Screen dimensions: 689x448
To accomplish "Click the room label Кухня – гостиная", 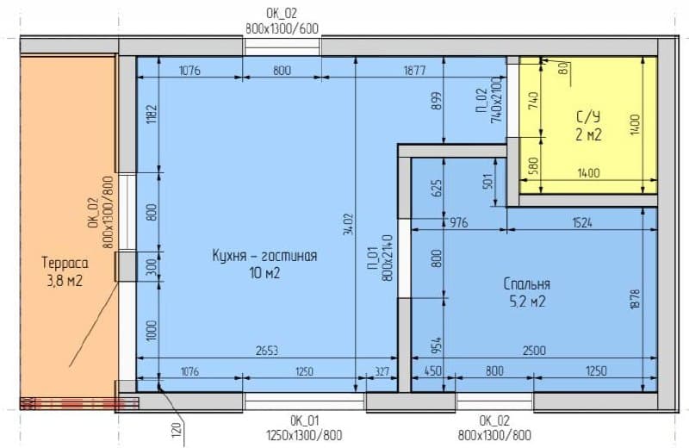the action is (x=264, y=255).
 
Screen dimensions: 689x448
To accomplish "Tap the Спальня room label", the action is (x=527, y=284).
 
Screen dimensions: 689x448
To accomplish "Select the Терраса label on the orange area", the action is (x=65, y=263).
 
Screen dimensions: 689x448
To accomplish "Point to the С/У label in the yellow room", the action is (x=588, y=116).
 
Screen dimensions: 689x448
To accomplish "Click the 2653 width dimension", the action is (x=267, y=351).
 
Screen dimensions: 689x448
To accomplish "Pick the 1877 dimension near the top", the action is (x=414, y=71).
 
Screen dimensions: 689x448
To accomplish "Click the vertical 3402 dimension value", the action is (x=348, y=224).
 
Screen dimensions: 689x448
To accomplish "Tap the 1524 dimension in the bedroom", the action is (x=582, y=222).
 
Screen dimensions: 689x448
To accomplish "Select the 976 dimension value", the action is (x=458, y=222).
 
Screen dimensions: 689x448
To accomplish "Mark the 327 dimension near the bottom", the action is (x=382, y=372).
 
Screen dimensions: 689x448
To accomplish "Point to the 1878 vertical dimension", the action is (x=635, y=300).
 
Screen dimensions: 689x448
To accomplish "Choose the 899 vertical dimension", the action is (x=436, y=101).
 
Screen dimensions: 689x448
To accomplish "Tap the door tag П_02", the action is (x=481, y=100).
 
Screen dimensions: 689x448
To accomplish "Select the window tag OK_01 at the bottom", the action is (x=304, y=420).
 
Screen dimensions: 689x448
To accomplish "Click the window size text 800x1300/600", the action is (x=282, y=29).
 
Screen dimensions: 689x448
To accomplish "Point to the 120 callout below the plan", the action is (x=177, y=429).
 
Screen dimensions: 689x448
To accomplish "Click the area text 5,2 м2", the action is (x=527, y=302).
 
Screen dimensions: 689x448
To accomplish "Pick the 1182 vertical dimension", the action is (x=152, y=114).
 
